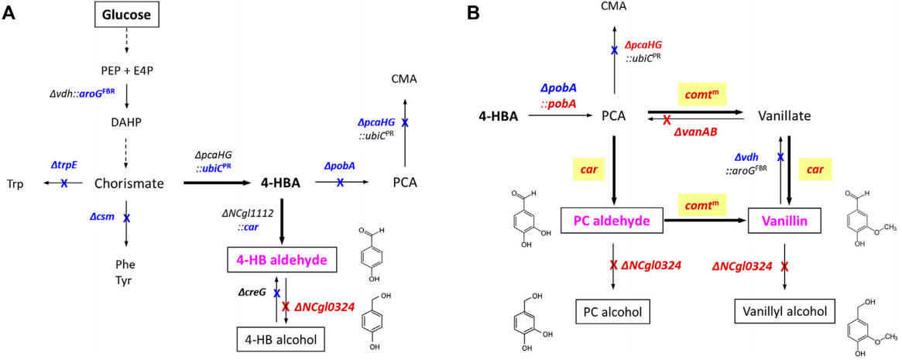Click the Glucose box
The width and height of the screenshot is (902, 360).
[127, 13]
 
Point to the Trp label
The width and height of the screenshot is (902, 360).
[13, 183]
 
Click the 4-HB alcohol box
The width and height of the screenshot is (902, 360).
[280, 338]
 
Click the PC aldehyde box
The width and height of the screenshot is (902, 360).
[613, 221]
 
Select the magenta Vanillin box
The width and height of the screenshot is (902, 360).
[784, 221]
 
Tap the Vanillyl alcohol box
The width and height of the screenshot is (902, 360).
[784, 312]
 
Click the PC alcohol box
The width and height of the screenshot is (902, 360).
[612, 312]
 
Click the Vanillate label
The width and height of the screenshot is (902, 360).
[784, 116]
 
